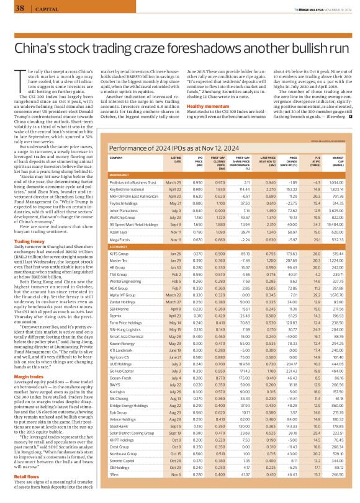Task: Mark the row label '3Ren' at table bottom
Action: pos(114,491)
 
